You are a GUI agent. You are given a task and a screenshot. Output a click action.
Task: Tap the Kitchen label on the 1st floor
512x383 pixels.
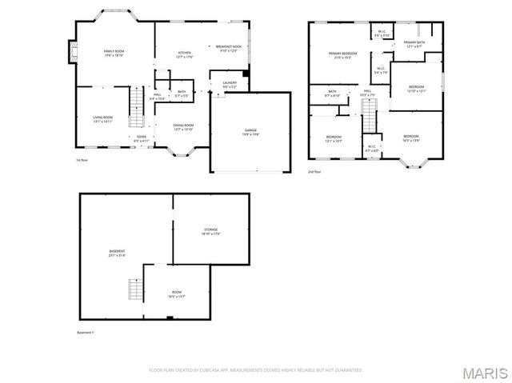[x=185, y=54]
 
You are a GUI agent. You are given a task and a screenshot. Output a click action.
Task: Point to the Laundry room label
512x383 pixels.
[x=229, y=84]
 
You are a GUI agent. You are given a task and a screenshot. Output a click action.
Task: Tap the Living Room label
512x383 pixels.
[x=102, y=119]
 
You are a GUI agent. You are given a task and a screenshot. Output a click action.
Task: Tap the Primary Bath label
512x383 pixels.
[x=414, y=44]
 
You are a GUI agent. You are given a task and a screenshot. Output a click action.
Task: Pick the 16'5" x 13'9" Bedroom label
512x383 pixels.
[x=410, y=138]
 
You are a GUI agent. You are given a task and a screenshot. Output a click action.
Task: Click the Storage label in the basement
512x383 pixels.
[x=210, y=231]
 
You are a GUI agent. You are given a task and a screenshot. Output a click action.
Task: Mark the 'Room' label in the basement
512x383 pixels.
[x=176, y=294]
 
